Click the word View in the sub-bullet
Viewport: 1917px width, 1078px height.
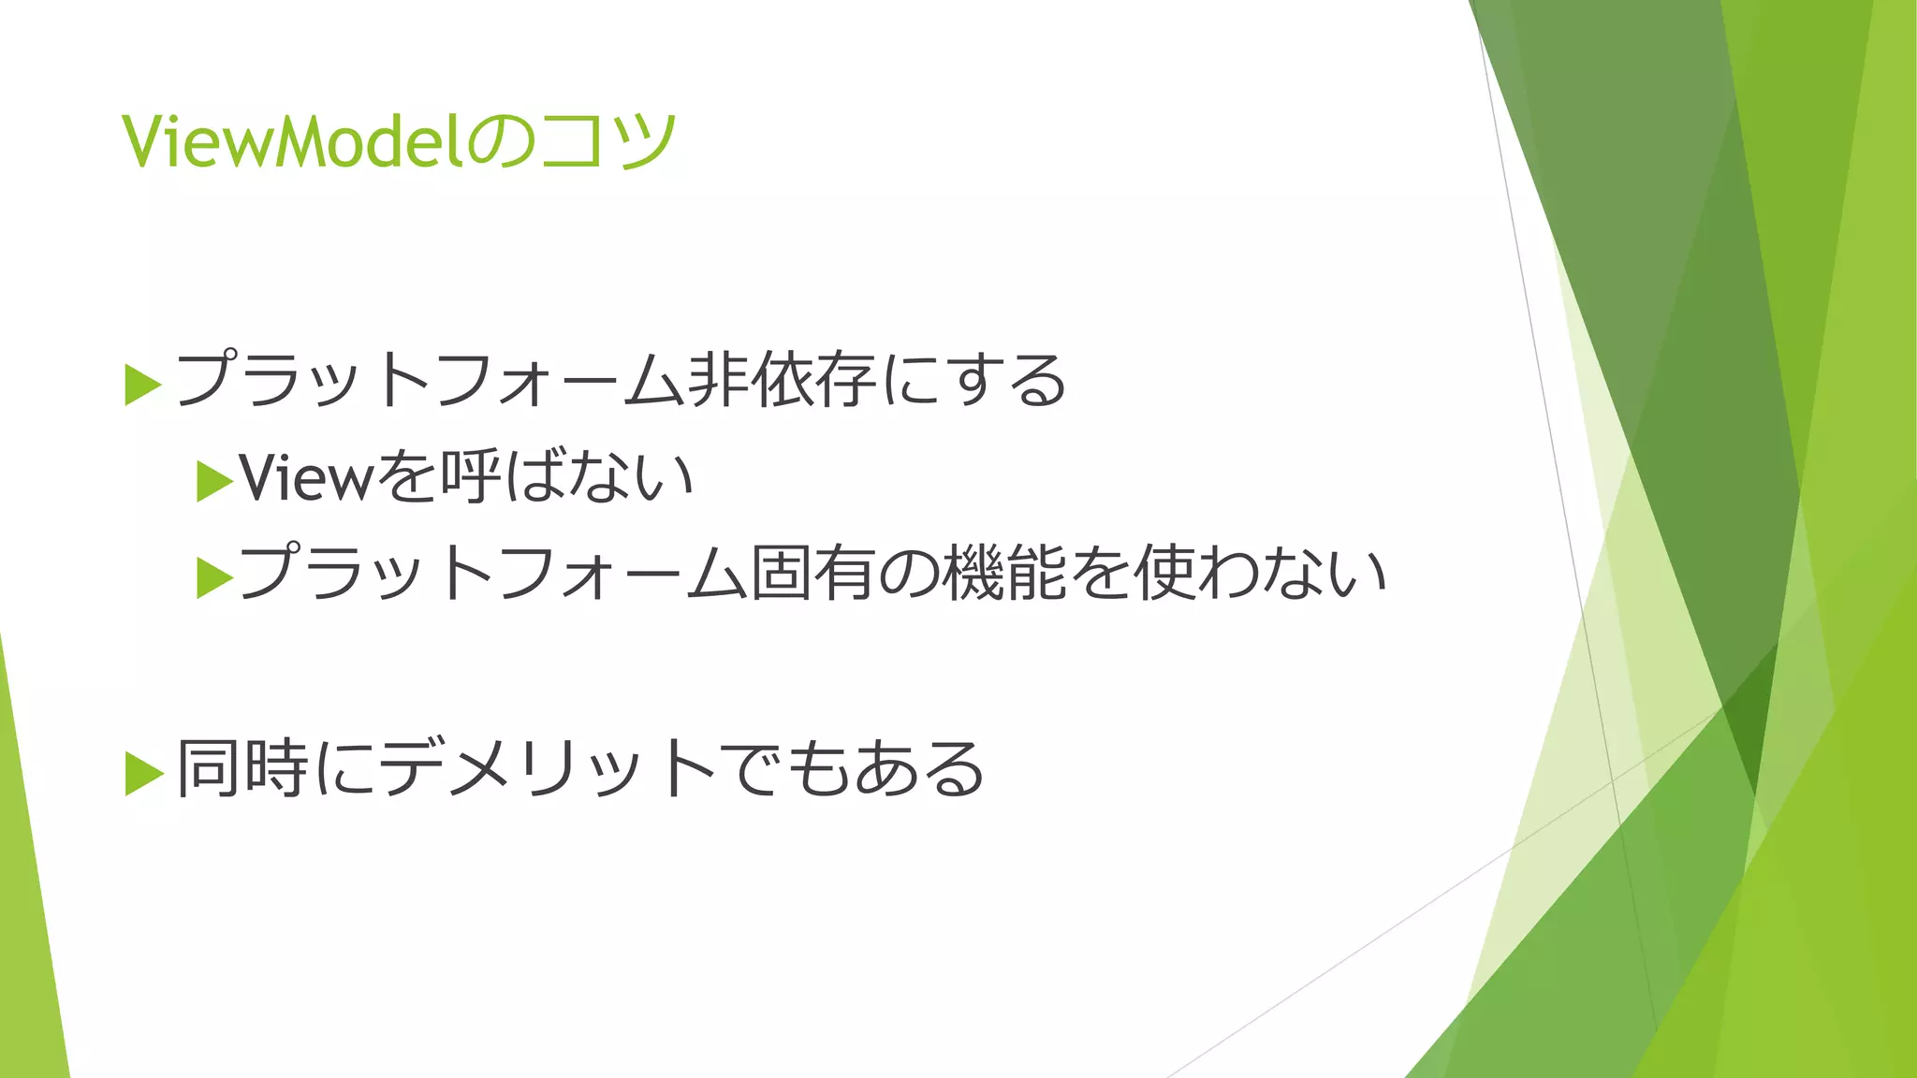tap(306, 478)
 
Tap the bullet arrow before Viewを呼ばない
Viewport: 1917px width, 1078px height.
tap(214, 483)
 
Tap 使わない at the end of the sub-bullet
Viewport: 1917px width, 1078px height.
tap(1260, 573)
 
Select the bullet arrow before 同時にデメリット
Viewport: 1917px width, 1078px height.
tap(142, 773)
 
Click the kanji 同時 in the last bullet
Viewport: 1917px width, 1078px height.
tap(242, 769)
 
